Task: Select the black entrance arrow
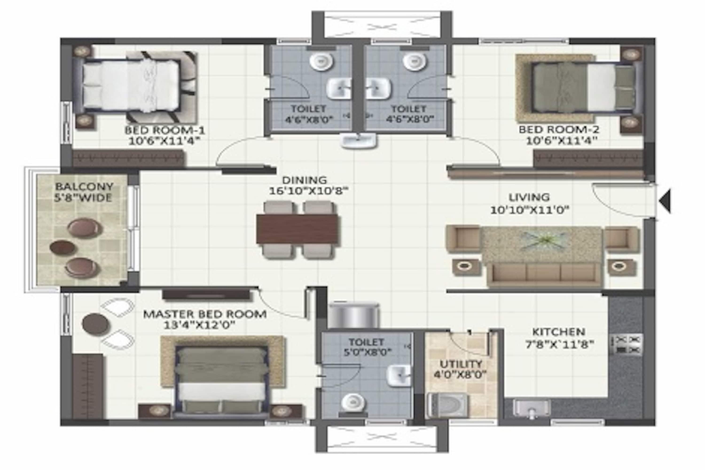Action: pos(665,201)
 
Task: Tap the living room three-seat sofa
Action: pos(544,274)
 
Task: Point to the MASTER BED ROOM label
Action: pos(205,314)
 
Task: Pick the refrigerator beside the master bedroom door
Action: pos(354,315)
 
